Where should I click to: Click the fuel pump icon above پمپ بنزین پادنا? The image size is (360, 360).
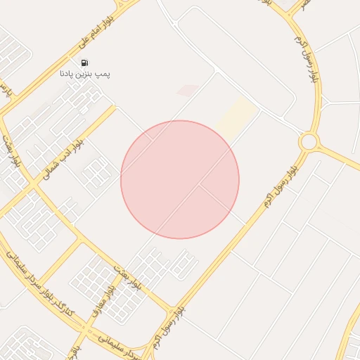(x=85, y=62)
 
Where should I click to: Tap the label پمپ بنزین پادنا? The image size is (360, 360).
(x=85, y=73)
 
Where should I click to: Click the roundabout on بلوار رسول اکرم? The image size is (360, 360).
(x=308, y=141)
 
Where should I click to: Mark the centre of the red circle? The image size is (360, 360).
(x=180, y=179)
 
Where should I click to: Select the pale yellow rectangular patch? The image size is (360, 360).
(x=236, y=117)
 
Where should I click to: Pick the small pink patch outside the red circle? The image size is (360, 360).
(x=188, y=90)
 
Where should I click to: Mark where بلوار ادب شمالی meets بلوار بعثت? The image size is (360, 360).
(x=33, y=184)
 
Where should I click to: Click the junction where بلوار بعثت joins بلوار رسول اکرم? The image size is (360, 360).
(x=171, y=309)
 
